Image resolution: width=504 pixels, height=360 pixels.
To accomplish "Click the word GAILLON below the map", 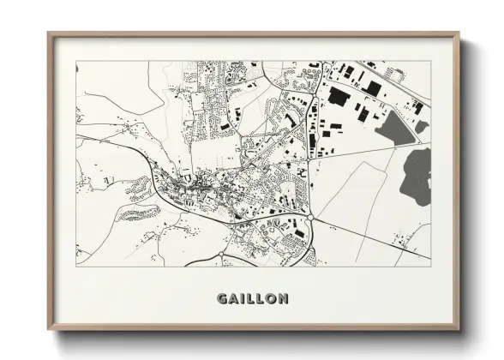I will coord(252,299).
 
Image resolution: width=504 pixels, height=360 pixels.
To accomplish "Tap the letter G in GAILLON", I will coord(221,299).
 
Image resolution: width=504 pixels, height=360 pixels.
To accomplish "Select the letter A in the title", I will coord(232,299).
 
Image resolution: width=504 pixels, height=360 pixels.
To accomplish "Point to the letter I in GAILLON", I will coord(241,299).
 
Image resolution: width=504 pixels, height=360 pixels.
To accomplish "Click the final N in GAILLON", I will coord(281,299).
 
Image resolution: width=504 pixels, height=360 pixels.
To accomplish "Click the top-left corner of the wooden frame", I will coord(49,33).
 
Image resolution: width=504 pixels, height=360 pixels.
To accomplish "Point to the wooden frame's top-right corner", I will coord(460,33).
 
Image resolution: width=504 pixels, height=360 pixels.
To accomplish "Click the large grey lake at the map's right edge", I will coord(417,175).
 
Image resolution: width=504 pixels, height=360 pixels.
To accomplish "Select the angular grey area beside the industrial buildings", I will coord(398,128).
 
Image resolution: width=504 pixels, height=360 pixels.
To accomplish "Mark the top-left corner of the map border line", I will coord(76,61).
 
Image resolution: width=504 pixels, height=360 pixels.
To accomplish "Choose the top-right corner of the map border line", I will coord(431,61).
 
